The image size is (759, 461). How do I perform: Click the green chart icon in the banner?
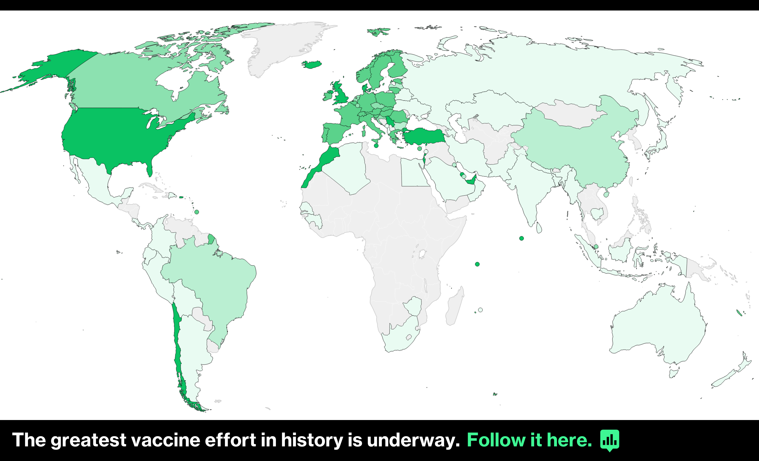point(609,440)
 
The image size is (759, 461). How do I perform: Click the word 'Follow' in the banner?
point(496,440)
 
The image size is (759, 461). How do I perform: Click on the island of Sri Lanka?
point(539,228)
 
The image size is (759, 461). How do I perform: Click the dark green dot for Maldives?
point(522,238)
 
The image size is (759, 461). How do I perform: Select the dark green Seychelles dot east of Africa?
point(477,264)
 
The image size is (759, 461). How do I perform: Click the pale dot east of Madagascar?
point(480,310)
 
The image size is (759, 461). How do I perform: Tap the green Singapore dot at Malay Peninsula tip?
point(596,246)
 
